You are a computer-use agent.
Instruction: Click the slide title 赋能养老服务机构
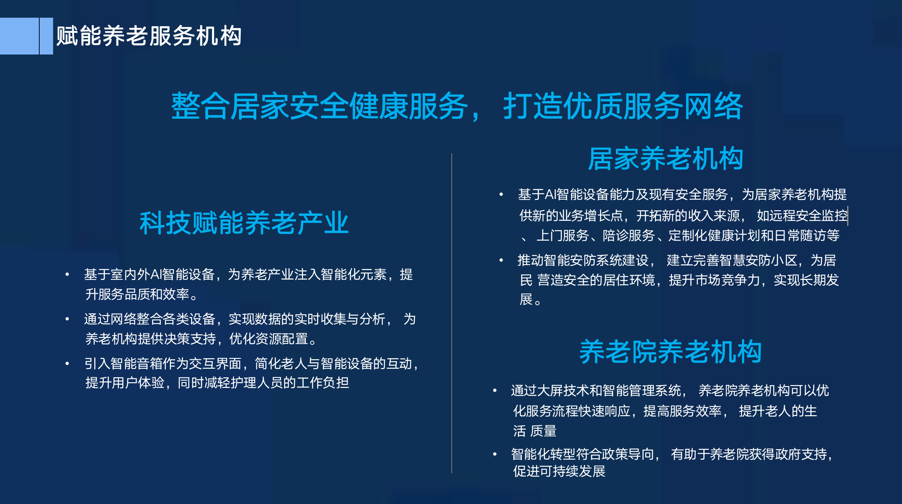pos(149,36)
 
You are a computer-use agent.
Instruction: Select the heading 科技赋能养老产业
pos(244,223)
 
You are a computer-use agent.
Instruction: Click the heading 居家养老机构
pos(666,159)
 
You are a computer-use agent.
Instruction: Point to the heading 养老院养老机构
pos(670,351)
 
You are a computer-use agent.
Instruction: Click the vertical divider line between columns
pos(452,313)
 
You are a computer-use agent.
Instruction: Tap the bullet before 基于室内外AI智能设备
pos(67,274)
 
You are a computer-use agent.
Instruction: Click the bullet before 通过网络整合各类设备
pos(67,319)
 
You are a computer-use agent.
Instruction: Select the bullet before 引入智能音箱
pos(67,363)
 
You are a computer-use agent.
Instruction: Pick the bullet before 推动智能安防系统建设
pos(501,260)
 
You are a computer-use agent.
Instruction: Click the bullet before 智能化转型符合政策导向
pos(495,454)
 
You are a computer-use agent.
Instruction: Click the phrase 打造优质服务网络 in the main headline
pos(623,106)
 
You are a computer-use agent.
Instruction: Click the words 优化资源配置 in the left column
pos(268,339)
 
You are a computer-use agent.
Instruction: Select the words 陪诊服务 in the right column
pos(629,235)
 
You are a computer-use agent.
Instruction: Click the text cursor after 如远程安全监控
pos(848,215)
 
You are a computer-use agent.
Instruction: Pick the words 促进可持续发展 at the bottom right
pos(559,471)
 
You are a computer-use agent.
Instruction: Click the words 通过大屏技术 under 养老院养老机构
pos(550,390)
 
